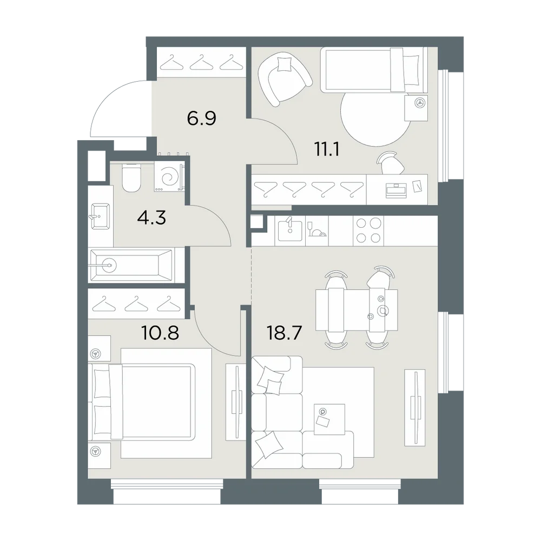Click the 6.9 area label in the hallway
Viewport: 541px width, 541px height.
coord(201,118)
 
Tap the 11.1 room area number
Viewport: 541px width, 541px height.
coord(326,149)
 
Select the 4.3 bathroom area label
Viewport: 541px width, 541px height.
coord(151,217)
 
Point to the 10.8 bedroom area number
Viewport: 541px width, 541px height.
coord(160,333)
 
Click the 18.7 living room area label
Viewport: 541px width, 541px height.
coord(285,333)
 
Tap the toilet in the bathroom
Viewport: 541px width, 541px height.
coord(131,177)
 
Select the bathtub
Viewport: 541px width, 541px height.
coord(131,265)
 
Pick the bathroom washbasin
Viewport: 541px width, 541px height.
coord(101,216)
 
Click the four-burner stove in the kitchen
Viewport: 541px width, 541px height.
coord(368,231)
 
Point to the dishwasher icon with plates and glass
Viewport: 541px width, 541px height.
coord(316,231)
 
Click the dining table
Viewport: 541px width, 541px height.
coord(357,309)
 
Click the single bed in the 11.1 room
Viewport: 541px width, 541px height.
coord(374,70)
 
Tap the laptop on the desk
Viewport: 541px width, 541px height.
coord(397,190)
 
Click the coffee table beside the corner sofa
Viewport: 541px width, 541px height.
coord(329,419)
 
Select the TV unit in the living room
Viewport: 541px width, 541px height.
coord(415,407)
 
